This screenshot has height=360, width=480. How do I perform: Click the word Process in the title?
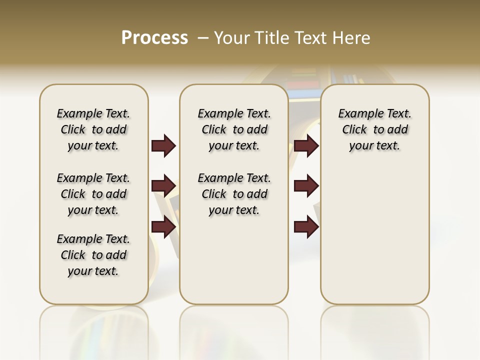pyautogui.click(x=154, y=38)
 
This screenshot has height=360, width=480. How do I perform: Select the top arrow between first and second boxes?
pyautogui.click(x=163, y=145)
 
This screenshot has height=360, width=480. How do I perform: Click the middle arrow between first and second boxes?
pyautogui.click(x=163, y=186)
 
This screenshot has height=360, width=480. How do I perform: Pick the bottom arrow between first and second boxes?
pyautogui.click(x=163, y=226)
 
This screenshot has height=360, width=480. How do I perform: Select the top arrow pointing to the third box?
pyautogui.click(x=306, y=145)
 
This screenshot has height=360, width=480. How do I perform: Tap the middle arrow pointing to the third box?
pyautogui.click(x=306, y=186)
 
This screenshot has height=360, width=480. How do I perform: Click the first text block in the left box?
pyautogui.click(x=93, y=129)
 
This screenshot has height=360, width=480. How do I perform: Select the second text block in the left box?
pyautogui.click(x=93, y=194)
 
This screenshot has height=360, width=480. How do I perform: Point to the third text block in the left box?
pyautogui.click(x=93, y=255)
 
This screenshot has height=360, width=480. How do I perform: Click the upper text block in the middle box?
pyautogui.click(x=234, y=129)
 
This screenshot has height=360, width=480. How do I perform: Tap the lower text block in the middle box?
pyautogui.click(x=234, y=194)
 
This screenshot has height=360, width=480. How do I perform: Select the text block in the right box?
pyautogui.click(x=375, y=129)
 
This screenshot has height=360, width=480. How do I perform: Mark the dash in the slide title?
pyautogui.click(x=203, y=38)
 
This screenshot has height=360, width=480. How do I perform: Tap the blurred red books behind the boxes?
pyautogui.click(x=304, y=83)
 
